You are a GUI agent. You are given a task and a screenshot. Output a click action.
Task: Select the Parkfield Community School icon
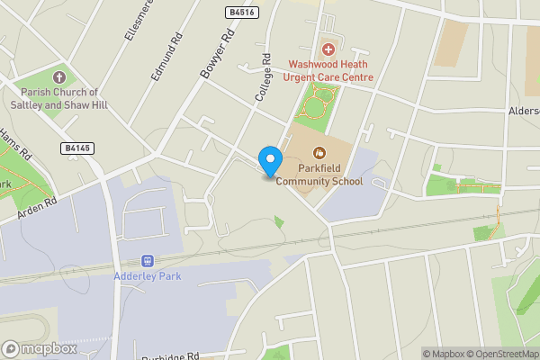318,152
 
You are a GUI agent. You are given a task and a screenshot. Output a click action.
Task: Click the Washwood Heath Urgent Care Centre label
330,70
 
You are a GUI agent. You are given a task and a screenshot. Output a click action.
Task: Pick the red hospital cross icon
328,48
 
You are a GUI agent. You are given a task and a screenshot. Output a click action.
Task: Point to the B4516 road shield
238,12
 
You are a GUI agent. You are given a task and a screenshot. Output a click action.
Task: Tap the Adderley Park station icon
148,259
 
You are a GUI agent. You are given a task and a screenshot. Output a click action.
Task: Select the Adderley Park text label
148,275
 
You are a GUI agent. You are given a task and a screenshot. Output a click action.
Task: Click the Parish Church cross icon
60,78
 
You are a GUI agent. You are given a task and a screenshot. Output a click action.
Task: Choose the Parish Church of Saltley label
60,98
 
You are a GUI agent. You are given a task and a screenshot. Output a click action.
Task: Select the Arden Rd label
36,210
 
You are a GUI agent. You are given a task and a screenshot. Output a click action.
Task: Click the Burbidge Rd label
170,356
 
